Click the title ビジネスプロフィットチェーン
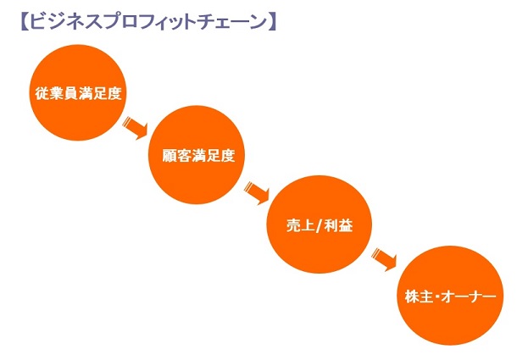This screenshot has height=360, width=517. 147,22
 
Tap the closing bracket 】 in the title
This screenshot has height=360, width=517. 271,22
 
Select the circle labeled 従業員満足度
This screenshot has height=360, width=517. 78,92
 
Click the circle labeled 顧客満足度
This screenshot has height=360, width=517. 197,155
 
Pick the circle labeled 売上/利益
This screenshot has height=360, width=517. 319,224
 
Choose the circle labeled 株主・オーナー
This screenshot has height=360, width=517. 450,296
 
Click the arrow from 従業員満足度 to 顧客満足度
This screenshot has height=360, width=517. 135,127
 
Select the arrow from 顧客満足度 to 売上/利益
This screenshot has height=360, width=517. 257,193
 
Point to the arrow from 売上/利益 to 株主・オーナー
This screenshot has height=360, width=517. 384,260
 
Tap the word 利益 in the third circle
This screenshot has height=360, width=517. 339,225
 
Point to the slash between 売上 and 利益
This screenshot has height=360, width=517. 318,226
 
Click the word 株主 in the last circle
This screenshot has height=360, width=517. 419,296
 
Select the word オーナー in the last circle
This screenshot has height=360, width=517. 469,296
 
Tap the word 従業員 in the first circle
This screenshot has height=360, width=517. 57,94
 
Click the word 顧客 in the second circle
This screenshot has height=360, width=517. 176,155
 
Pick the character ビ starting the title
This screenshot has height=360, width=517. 36,22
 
